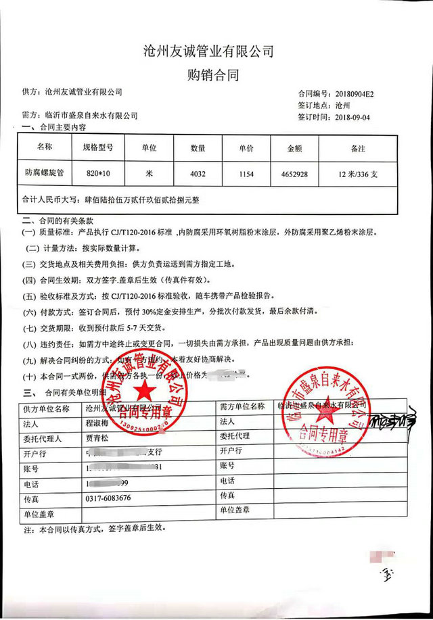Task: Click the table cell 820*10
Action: [x=97, y=174]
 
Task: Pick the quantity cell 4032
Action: [x=198, y=174]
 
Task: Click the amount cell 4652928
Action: [x=294, y=174]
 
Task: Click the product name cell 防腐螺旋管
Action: [x=43, y=173]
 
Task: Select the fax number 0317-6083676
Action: [x=109, y=498]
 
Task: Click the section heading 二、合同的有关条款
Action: [x=61, y=220]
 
